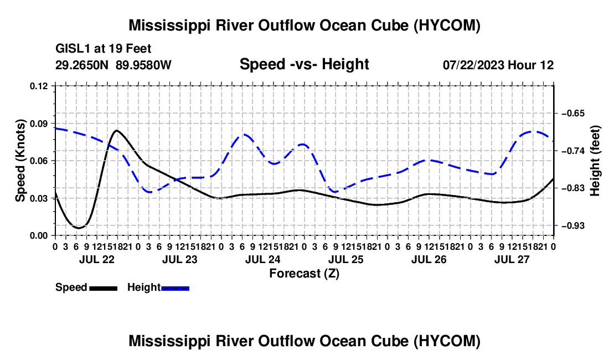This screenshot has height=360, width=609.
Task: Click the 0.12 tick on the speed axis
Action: pos(39,86)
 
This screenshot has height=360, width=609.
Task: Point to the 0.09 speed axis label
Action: pos(39,124)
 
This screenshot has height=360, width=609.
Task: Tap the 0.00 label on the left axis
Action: pos(39,236)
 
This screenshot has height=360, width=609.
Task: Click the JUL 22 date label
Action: pos(97,259)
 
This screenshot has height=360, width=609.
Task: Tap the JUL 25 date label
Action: pos(346,259)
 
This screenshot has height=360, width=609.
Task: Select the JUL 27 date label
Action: pos(512,259)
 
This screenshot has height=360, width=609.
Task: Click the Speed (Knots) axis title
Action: pos(20,161)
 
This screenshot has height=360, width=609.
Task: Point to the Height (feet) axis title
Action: pos(595,161)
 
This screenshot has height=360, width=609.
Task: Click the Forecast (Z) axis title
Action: pos(304,274)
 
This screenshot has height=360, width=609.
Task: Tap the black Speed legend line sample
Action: pos(104,288)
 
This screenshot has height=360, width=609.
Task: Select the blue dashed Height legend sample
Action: pos(175,288)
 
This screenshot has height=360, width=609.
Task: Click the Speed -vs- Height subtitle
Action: pos(304,64)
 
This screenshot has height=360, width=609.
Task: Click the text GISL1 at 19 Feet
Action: pos(104,49)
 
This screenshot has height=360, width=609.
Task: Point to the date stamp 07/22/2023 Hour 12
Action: pos(498,65)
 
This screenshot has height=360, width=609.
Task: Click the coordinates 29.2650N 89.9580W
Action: pos(113,65)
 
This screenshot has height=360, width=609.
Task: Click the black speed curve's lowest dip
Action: pos(79,228)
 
